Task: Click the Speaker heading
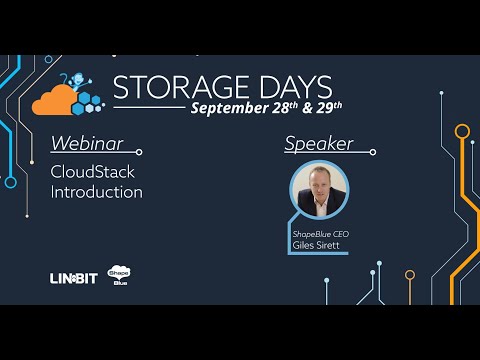[x=318, y=143]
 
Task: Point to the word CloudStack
[x=92, y=171]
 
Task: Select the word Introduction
[x=96, y=192]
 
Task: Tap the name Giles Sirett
[x=318, y=244]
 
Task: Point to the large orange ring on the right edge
[x=461, y=131]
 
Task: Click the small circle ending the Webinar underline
[x=139, y=152]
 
